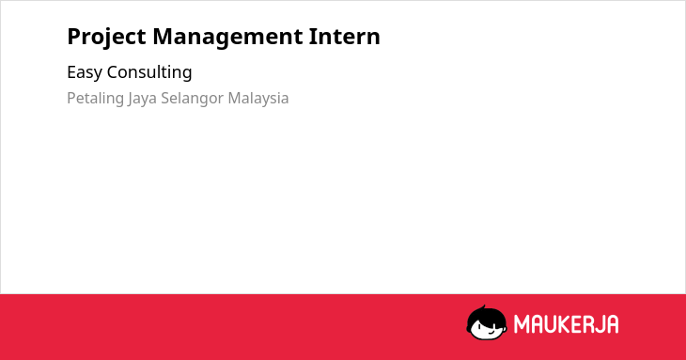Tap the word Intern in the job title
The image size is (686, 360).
pos(344,37)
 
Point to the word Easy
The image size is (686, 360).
pos(84,72)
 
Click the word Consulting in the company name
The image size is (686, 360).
pos(149,72)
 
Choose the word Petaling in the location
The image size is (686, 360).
pos(95,99)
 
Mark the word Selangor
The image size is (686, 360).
pos(193,99)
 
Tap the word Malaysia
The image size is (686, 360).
pos(258,99)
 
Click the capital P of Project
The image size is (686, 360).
pos(74,37)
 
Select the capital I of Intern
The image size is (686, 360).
pos(312,37)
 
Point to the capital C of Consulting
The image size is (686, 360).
pos(113,72)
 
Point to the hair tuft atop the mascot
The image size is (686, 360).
pos(483,307)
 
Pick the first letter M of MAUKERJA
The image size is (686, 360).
pos(522,324)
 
